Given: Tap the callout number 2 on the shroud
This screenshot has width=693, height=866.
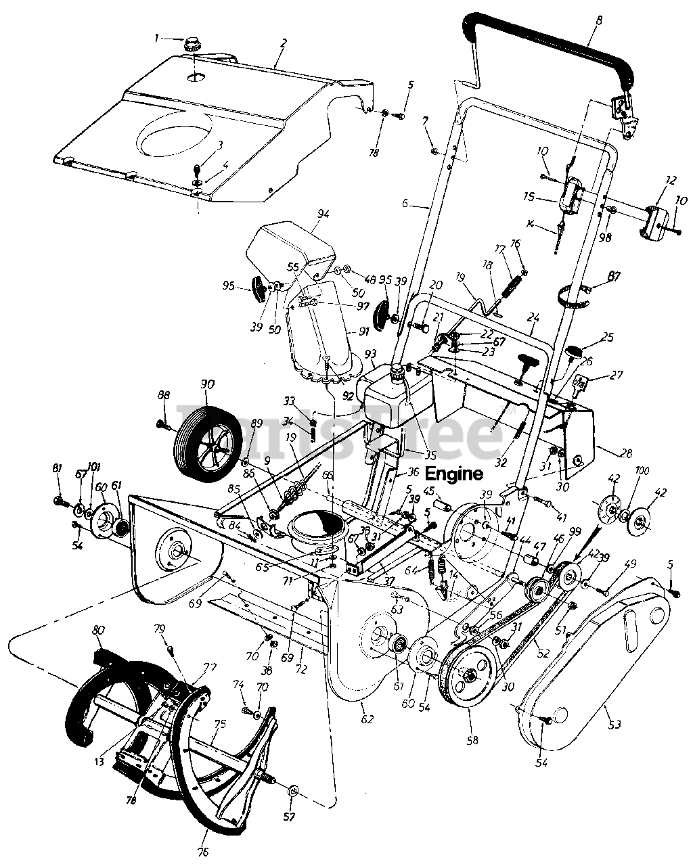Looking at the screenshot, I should coord(284,43).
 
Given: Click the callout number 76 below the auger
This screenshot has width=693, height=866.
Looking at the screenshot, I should coord(204,850).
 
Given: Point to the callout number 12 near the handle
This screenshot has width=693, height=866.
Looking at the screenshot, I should coord(671,181).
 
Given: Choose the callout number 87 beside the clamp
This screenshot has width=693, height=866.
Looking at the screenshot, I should coord(614,276).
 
